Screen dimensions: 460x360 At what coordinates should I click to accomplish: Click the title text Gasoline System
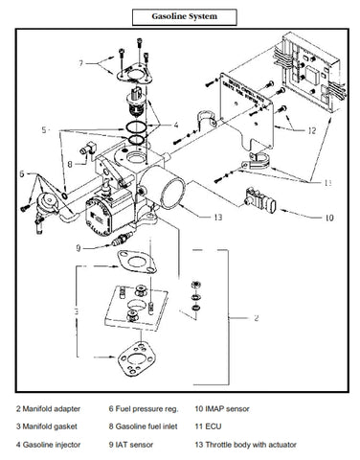point(179,17)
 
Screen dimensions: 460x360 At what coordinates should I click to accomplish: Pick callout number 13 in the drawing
point(218,218)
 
